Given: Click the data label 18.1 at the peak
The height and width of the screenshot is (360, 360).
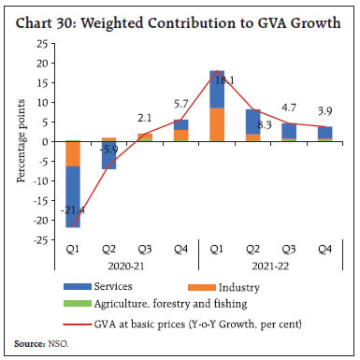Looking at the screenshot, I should coord(221,80).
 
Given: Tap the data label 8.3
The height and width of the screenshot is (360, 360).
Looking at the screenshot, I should coord(263,123).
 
